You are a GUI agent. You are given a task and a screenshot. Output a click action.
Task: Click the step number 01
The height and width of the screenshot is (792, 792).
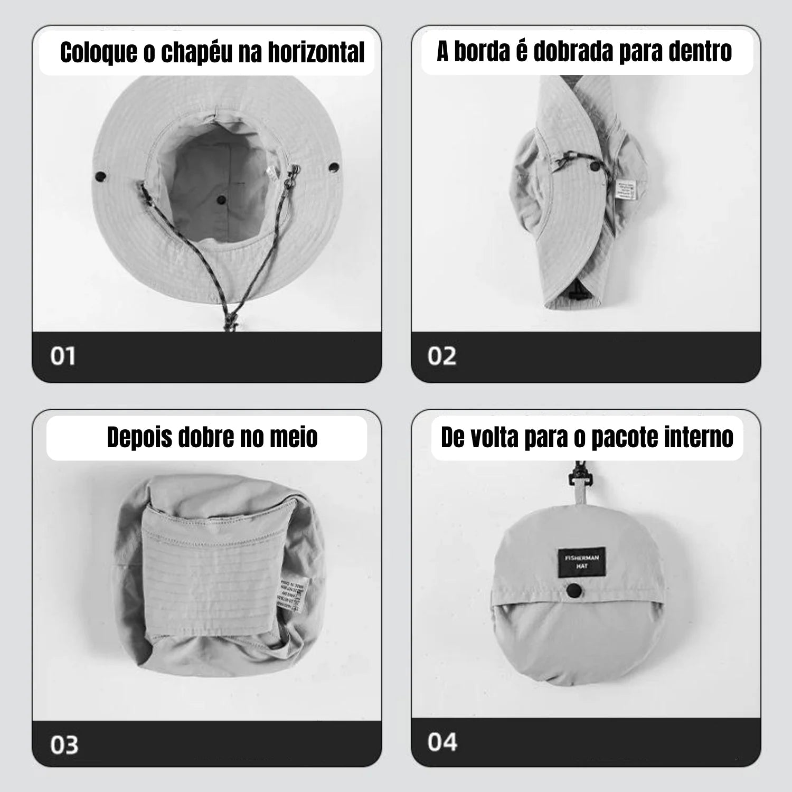(63, 356)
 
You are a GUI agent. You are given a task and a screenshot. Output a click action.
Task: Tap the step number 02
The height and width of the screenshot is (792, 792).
(441, 356)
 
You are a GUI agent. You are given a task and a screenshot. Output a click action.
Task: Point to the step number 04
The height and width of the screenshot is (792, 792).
(442, 742)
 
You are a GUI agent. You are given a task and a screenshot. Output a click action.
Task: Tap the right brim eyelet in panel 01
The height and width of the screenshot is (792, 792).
(334, 167)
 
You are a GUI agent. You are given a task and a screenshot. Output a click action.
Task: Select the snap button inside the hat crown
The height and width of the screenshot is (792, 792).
(221, 201)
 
